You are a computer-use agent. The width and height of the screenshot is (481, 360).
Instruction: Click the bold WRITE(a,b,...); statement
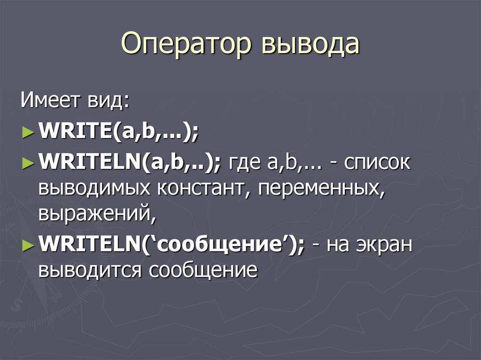[x=119, y=132]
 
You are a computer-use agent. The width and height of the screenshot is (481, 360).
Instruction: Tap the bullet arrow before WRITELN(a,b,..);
[x=28, y=164]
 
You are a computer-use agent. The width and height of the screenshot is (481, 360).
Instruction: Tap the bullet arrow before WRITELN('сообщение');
[x=28, y=245]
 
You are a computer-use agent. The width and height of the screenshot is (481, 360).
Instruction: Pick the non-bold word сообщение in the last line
[x=204, y=270]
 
